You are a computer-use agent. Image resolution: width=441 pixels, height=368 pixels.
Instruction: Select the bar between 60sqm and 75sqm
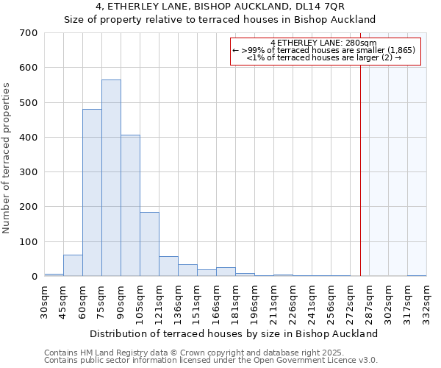click(92, 193)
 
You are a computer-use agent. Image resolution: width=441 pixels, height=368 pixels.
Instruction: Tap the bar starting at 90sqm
click(130, 205)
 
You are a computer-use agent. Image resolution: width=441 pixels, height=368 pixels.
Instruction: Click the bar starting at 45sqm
click(73, 266)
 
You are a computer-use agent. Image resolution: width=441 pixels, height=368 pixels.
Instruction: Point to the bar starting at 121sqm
click(168, 266)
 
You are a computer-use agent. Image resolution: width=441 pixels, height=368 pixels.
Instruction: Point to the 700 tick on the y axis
click(29, 33)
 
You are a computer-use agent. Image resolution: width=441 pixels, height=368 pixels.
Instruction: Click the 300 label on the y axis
click(29, 172)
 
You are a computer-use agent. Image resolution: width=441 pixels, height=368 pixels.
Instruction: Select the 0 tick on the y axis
click(34, 277)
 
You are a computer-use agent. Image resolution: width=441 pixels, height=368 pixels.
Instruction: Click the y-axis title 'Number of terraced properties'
click(7, 158)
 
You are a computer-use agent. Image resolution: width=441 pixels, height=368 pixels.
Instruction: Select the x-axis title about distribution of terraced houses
click(235, 333)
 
